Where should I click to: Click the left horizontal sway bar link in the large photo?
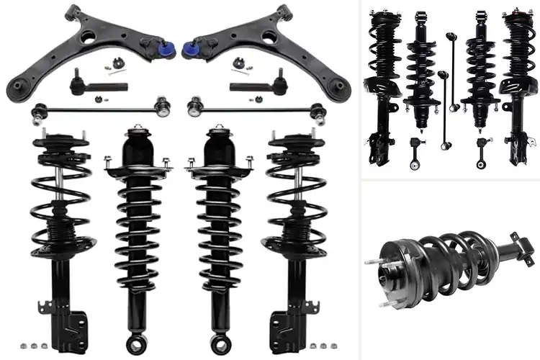(x=79, y=110)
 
